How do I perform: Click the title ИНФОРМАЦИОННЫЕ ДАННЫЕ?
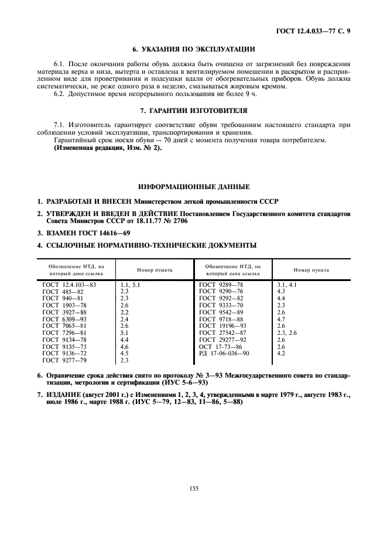click(x=193, y=187)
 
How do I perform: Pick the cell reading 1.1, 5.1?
click(x=131, y=284)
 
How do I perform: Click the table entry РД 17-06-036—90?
click(x=224, y=354)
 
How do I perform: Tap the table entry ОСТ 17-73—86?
click(x=220, y=347)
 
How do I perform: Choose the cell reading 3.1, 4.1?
click(x=287, y=284)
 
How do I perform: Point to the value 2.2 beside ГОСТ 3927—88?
click(x=124, y=312)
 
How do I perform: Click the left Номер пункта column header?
click(x=155, y=270)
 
